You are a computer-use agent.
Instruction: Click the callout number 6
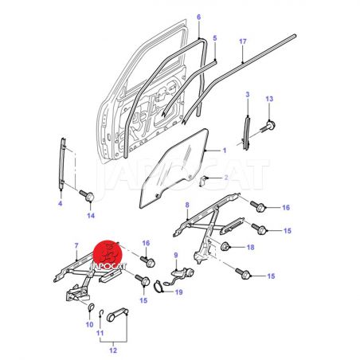coord(199,18)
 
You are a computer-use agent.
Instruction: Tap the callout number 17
coord(243,41)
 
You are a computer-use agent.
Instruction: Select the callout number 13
coord(269,99)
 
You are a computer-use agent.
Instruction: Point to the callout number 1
coord(225,151)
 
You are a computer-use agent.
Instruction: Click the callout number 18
coord(251,248)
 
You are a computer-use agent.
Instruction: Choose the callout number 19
coord(179,292)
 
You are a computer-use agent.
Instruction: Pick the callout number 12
coord(113,350)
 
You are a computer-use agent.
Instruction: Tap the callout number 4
coord(61,204)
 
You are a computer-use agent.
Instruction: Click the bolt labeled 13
coord(268,126)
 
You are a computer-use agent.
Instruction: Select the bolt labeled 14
coord(88,195)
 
